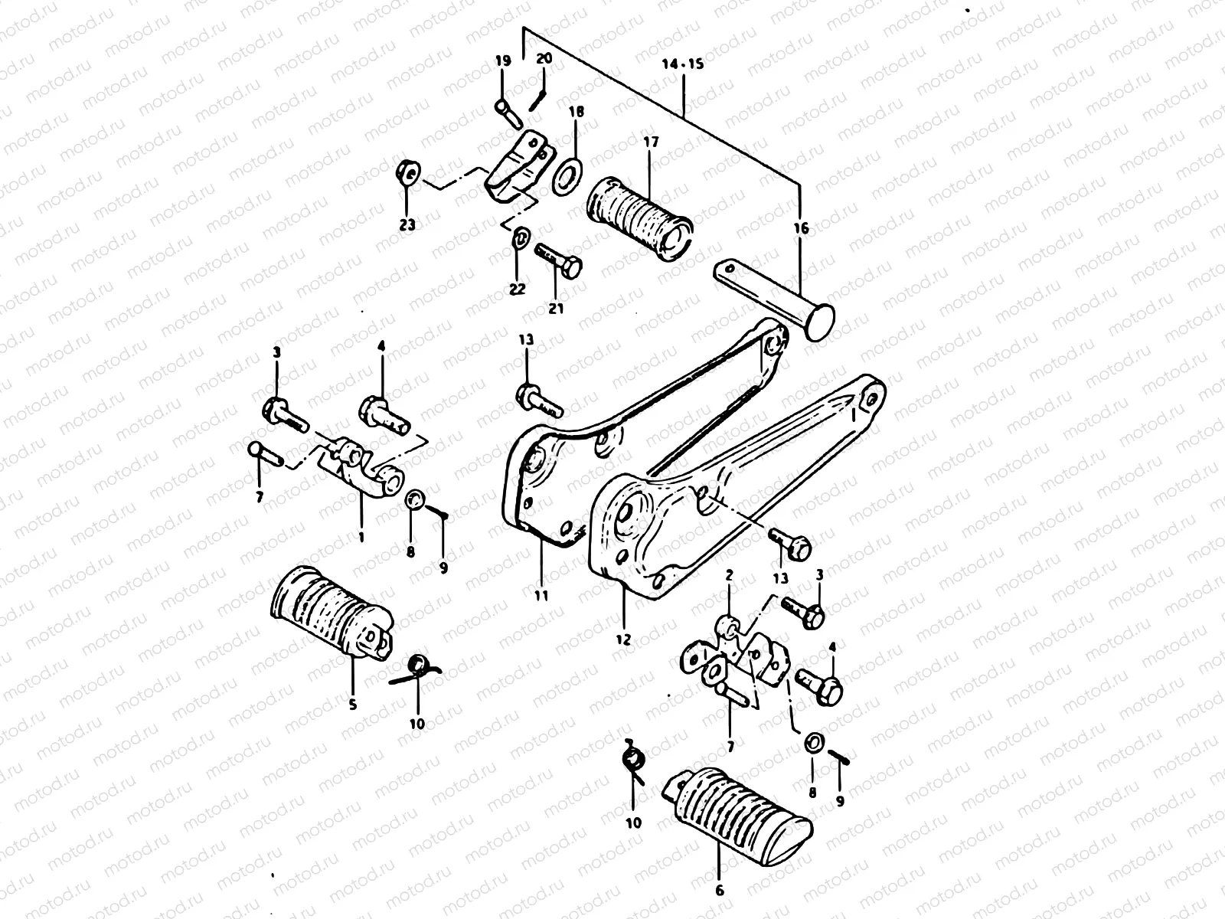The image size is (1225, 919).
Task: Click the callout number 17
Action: [x=650, y=142]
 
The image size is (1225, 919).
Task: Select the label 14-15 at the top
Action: [x=682, y=65]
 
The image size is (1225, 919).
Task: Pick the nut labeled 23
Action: [x=407, y=174]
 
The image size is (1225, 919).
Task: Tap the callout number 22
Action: [x=518, y=289]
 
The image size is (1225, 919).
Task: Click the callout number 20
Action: [x=544, y=59]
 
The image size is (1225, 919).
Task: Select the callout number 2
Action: [x=730, y=574]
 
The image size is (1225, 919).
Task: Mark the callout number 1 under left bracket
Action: [x=361, y=538]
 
